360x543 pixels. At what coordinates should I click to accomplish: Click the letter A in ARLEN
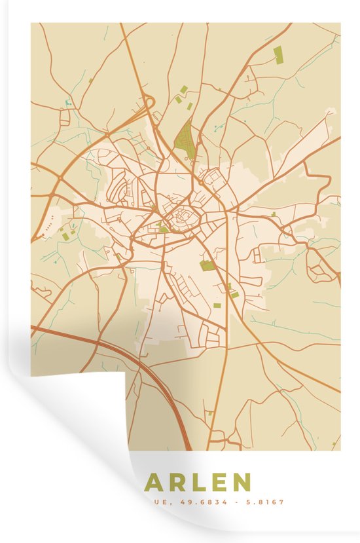pyautogui.click(x=155, y=483)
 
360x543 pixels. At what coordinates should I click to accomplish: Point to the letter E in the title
pyautogui.click(x=218, y=483)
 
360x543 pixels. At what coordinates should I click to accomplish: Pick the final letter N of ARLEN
pyautogui.click(x=241, y=483)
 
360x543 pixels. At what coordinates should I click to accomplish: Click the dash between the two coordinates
pyautogui.click(x=237, y=503)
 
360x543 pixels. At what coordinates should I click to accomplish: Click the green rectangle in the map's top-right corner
pyautogui.click(x=278, y=55)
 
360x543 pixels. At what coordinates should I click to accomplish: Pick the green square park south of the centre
pyautogui.click(x=207, y=265)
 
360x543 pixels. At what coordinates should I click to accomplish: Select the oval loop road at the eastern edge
pyautogui.click(x=322, y=269)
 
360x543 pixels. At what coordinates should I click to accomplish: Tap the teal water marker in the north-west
pyautogui.click(x=67, y=103)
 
